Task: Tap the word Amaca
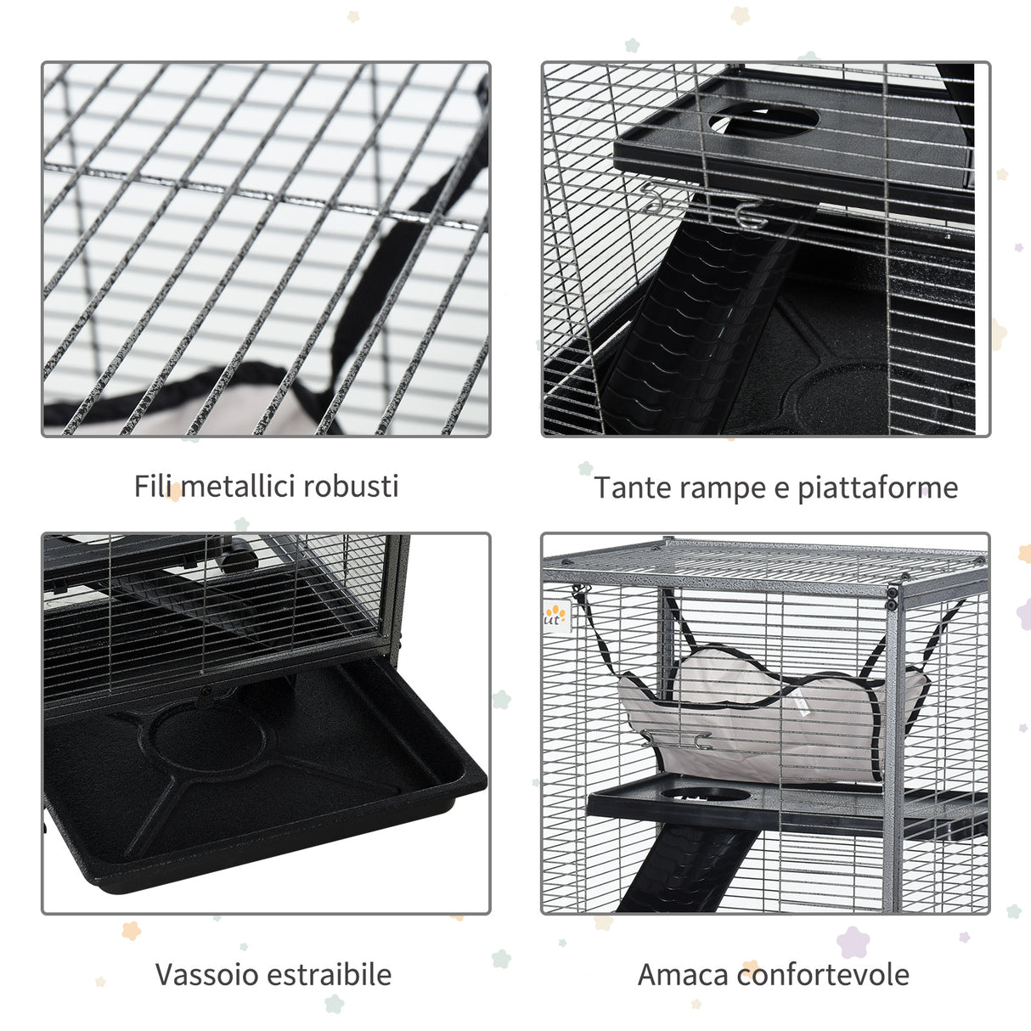click(682, 974)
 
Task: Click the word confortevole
click(823, 974)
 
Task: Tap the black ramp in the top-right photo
click(696, 323)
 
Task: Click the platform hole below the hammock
click(706, 795)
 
